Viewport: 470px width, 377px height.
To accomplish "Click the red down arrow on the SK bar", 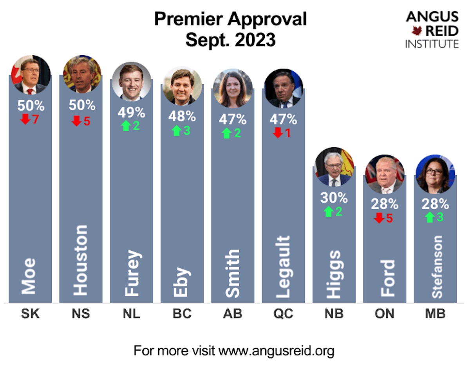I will [x=25, y=119].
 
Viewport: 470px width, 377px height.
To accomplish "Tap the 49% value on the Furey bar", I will [x=131, y=112].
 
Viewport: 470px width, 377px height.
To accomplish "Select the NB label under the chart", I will [x=334, y=314].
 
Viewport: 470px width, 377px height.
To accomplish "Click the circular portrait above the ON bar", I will [x=384, y=174].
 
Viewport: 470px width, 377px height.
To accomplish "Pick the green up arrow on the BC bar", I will [x=177, y=131].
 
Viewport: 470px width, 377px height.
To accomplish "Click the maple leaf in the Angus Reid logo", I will [x=416, y=31].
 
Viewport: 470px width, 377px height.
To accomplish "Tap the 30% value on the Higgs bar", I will [x=334, y=198].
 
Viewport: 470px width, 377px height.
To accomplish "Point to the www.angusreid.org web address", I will [x=276, y=350].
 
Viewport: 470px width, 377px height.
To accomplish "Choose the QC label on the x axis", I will [x=283, y=314].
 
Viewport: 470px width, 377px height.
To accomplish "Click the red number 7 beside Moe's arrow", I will [x=36, y=119].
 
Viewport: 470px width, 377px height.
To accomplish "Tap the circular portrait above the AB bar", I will [x=233, y=88].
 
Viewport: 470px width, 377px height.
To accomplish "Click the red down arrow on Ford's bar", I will [x=379, y=218].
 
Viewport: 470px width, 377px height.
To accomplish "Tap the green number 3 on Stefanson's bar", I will [x=440, y=217].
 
